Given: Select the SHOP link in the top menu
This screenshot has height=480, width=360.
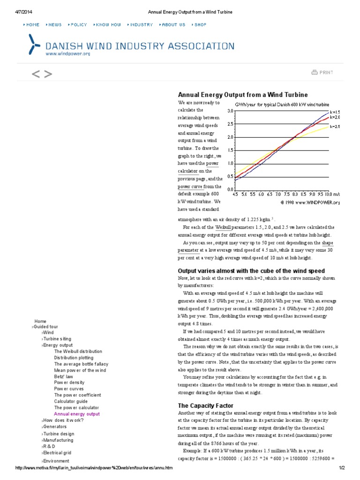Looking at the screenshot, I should (x=200, y=24).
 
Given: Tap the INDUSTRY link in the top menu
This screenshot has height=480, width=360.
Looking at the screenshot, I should (x=141, y=24).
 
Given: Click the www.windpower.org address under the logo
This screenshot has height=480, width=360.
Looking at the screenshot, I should (x=67, y=54).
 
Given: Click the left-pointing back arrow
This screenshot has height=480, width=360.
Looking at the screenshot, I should (x=35, y=74).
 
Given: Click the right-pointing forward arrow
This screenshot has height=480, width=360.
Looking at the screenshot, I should (x=48, y=74).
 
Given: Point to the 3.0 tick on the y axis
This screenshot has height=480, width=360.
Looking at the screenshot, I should (x=230, y=111).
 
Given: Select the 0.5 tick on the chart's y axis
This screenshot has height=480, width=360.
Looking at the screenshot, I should (x=230, y=176).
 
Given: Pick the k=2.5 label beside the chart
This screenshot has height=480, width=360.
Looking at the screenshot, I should (x=335, y=127).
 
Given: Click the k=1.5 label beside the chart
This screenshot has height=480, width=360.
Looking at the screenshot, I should (x=335, y=112).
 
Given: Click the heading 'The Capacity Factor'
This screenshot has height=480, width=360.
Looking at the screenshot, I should (x=205, y=405).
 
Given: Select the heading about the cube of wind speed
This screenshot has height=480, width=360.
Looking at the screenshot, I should (x=251, y=271).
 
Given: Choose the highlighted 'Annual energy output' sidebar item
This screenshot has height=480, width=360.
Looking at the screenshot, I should (x=77, y=414).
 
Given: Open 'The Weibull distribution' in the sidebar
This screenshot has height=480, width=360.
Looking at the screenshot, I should (x=78, y=351).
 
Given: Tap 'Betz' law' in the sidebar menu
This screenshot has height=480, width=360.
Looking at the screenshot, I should (x=63, y=376).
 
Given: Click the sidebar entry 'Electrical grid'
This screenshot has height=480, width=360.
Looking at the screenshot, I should (x=57, y=453).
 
